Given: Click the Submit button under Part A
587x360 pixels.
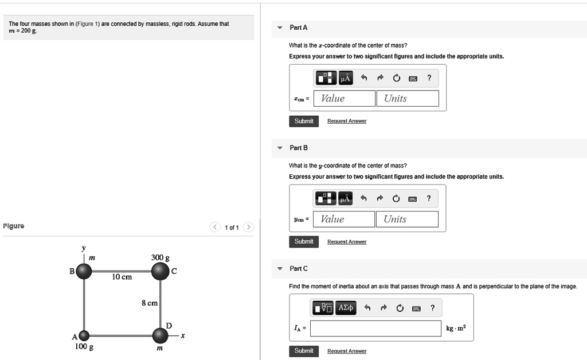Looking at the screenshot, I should [304, 121].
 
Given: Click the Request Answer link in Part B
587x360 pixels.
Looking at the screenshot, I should [347, 242].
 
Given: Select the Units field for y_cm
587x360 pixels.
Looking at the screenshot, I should [407, 220].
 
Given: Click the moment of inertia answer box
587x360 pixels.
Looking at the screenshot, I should [376, 328].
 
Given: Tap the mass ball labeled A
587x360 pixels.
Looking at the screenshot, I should [84, 336].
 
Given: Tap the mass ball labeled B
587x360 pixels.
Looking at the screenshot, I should [84, 271].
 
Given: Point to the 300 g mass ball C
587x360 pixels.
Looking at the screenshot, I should [160, 271].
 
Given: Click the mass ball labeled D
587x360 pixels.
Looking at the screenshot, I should [160, 335].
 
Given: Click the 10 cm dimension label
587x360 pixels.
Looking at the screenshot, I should [122, 277].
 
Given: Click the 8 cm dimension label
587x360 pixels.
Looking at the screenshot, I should [150, 303].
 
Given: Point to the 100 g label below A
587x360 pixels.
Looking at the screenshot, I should [84, 347].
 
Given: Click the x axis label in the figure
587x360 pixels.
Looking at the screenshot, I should [182, 335].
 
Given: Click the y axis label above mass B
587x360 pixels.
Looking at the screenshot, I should [84, 249].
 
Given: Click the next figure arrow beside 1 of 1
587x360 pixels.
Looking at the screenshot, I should [248, 228].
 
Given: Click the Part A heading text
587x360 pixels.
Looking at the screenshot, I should [299, 28].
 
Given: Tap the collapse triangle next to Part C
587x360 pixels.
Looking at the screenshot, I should [280, 269].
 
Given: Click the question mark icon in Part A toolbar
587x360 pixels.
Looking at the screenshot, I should [429, 78].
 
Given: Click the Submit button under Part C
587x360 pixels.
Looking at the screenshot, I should [304, 351].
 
